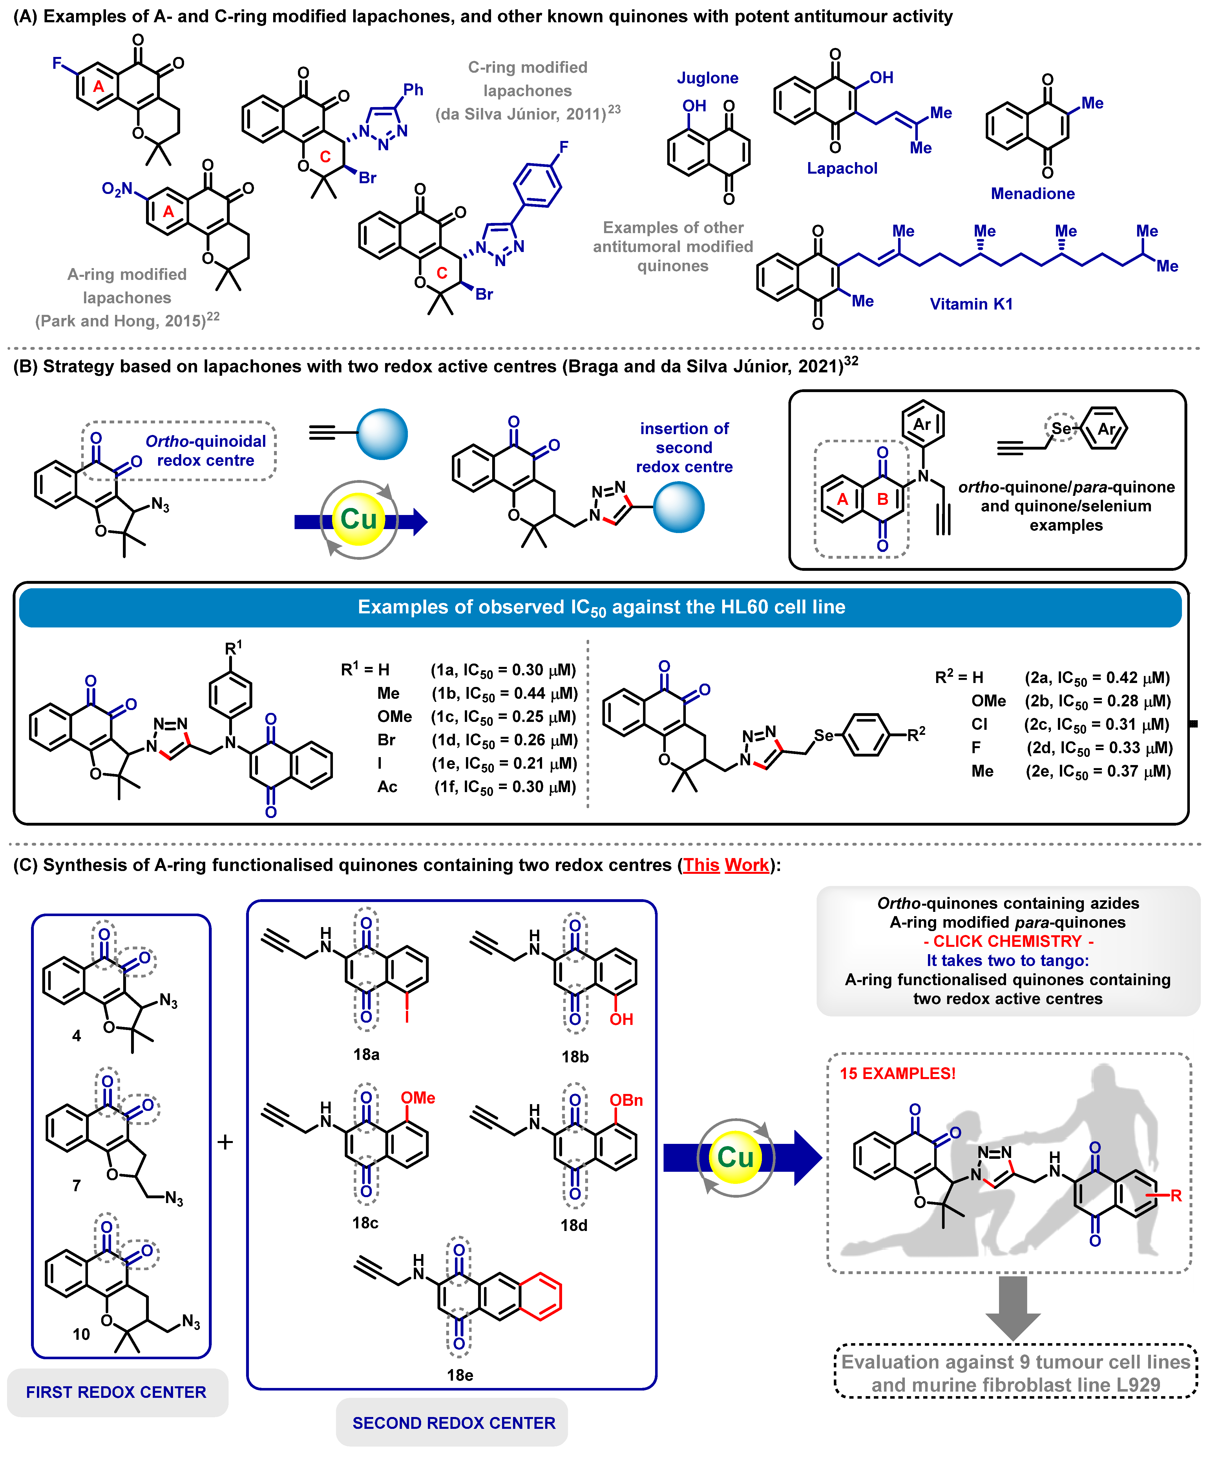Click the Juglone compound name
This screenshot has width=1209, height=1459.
pyautogui.click(x=707, y=78)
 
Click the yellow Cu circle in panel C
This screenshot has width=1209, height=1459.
pyautogui.click(x=735, y=1157)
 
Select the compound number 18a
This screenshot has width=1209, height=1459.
pyautogui.click(x=366, y=1054)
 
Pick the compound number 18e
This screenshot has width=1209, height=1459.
pyautogui.click(x=459, y=1374)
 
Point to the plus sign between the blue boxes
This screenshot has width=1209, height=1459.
pyautogui.click(x=224, y=1142)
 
